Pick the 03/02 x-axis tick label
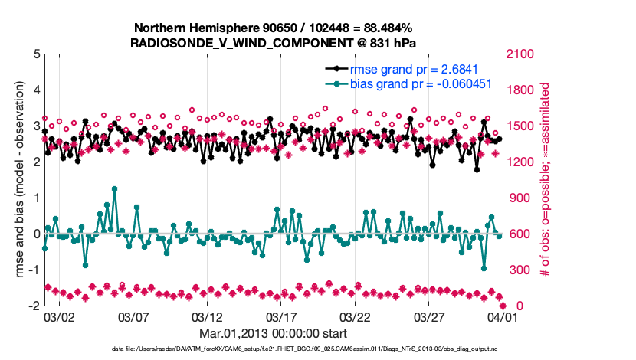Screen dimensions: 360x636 (x=58, y=317)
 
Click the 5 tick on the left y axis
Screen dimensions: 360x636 (x=34, y=54)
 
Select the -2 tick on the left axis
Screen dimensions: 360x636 (x=31, y=306)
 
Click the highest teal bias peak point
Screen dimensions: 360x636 (x=114, y=188)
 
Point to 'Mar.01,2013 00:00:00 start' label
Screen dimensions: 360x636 (x=273, y=333)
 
